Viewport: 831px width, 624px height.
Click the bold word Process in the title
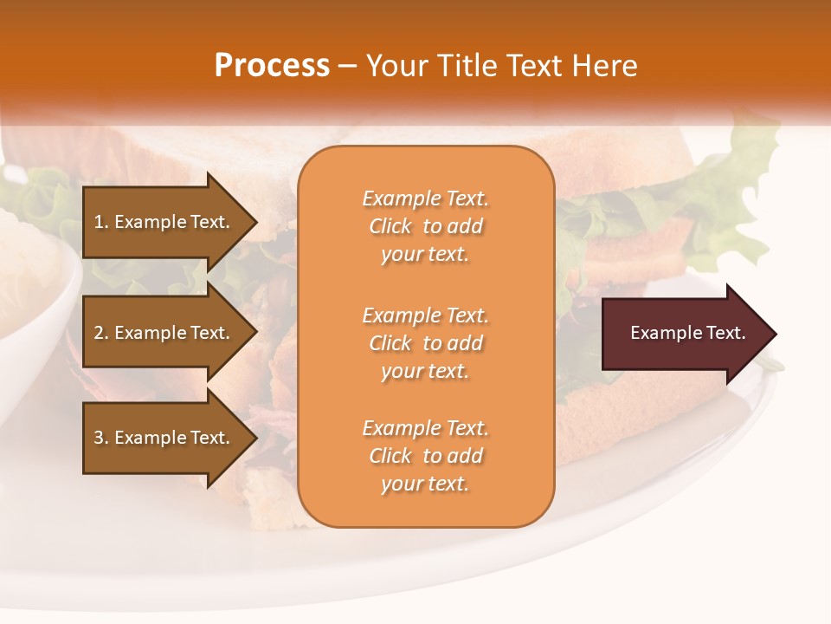coord(272,66)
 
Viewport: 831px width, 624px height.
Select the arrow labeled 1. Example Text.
coord(164,222)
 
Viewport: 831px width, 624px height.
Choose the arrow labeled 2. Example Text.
coord(164,333)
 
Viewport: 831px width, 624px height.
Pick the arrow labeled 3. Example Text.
coord(164,438)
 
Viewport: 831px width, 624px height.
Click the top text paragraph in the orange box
coord(425,226)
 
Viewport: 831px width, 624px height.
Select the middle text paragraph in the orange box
coord(425,343)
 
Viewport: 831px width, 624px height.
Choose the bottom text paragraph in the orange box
coord(425,456)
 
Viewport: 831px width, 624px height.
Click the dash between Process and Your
coord(348,67)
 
